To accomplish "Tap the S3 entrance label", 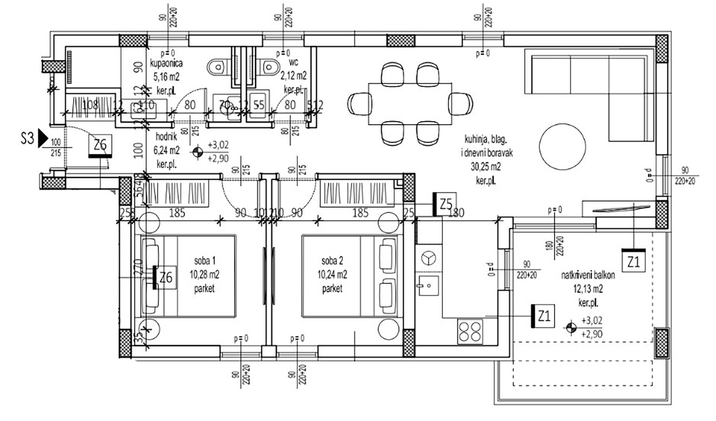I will tap(27, 139).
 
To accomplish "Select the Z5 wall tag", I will tap(446, 204).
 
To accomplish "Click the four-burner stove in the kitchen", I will tap(471, 332).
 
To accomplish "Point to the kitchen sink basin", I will tap(428, 285).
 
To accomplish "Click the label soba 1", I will tap(204, 261).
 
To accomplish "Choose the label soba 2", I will tap(332, 261).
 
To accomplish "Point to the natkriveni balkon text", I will tap(588, 275).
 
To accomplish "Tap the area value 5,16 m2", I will tap(166, 76).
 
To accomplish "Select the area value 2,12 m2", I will tap(294, 76).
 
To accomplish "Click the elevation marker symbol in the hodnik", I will tap(197, 152).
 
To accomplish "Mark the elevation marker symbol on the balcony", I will tap(571, 327).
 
